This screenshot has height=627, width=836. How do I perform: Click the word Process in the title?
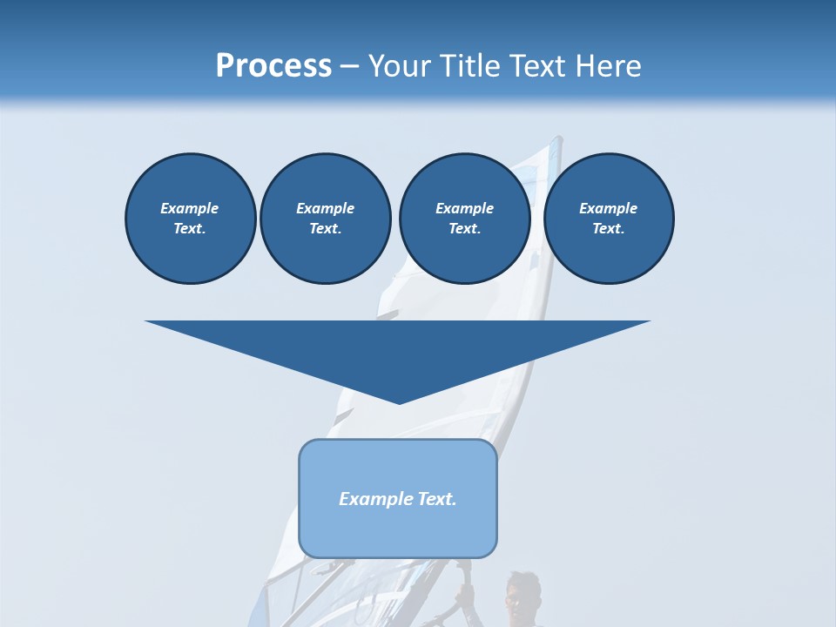[x=273, y=66]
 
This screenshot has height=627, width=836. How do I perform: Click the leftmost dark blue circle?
[x=191, y=219]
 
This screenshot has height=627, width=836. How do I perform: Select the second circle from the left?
[x=326, y=219]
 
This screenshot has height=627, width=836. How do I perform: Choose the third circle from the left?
[x=464, y=219]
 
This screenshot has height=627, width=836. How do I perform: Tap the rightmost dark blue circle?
[x=609, y=219]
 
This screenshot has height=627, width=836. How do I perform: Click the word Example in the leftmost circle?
[x=190, y=208]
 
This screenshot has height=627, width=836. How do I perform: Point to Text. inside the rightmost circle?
[x=609, y=229]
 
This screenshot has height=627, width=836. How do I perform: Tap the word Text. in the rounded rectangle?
[x=437, y=499]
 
